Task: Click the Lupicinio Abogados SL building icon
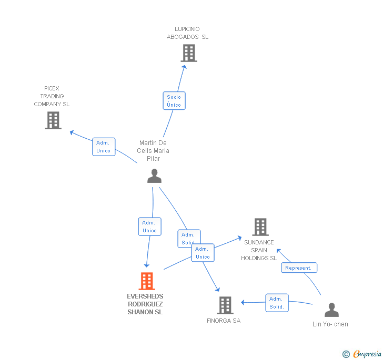tap(188, 53)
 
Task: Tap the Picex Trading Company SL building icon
tap(53, 120)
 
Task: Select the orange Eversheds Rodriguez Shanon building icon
tap(147, 281)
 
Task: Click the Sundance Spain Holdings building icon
tap(260, 227)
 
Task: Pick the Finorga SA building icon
tap(225, 305)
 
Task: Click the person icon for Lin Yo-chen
tap(331, 310)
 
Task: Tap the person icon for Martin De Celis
tap(154, 176)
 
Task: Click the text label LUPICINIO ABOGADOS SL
tap(187, 33)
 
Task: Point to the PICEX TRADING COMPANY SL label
tap(52, 96)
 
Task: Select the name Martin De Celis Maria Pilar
tap(153, 151)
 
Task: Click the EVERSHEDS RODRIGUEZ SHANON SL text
tap(145, 304)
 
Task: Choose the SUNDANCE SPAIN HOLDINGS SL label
tap(259, 250)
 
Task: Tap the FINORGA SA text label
tap(224, 321)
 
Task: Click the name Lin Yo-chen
tap(330, 324)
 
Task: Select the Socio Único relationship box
tap(174, 101)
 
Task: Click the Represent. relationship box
tap(298, 268)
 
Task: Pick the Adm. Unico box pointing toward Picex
tap(103, 147)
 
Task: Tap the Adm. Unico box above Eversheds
tap(149, 227)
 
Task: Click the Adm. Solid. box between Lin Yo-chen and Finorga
tap(277, 303)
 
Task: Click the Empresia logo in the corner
tap(362, 354)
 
